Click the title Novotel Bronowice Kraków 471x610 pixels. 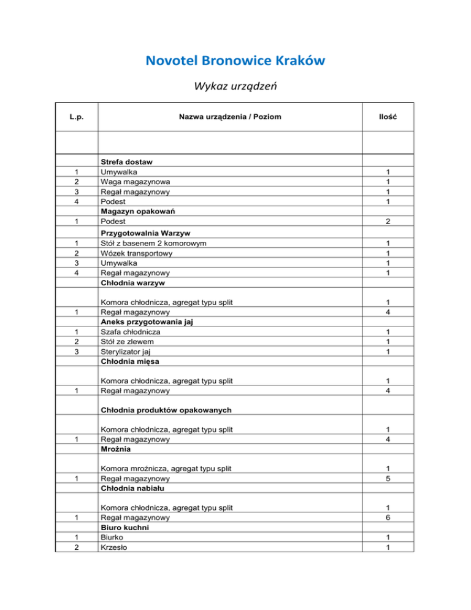(x=235, y=61)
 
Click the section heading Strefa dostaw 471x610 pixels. (x=126, y=162)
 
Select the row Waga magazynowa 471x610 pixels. (x=136, y=182)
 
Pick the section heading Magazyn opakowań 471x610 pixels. (x=136, y=211)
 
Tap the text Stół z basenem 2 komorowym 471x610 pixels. (x=153, y=244)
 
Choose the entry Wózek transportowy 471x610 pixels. (x=136, y=253)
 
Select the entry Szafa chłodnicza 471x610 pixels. (x=129, y=332)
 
